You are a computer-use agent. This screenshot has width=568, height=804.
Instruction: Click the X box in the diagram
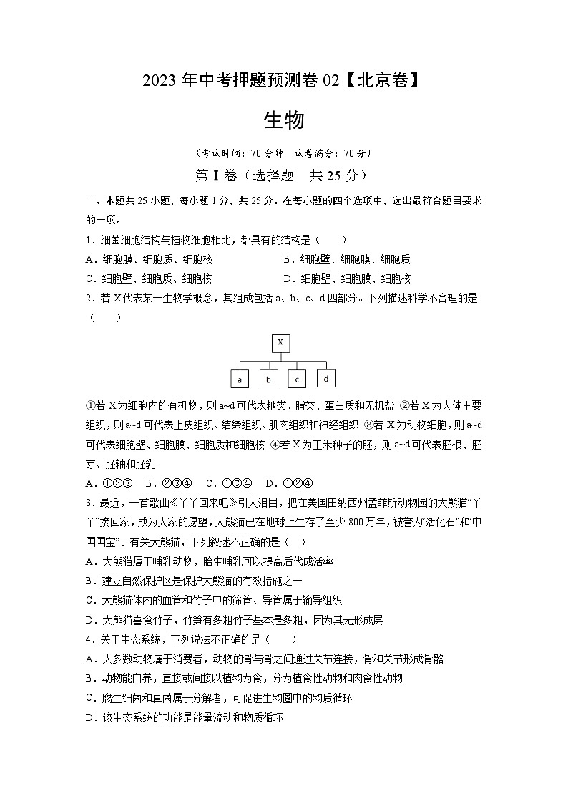click(x=280, y=343)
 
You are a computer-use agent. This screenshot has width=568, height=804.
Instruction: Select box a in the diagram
click(x=240, y=379)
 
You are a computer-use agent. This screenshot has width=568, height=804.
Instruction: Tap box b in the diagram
click(x=268, y=379)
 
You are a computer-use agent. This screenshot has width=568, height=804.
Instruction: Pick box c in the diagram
click(x=297, y=379)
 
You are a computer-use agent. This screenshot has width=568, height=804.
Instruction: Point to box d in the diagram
click(x=326, y=378)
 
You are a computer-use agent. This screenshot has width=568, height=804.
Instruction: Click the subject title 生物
click(x=284, y=120)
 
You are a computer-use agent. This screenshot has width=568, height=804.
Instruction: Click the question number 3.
click(x=89, y=502)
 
